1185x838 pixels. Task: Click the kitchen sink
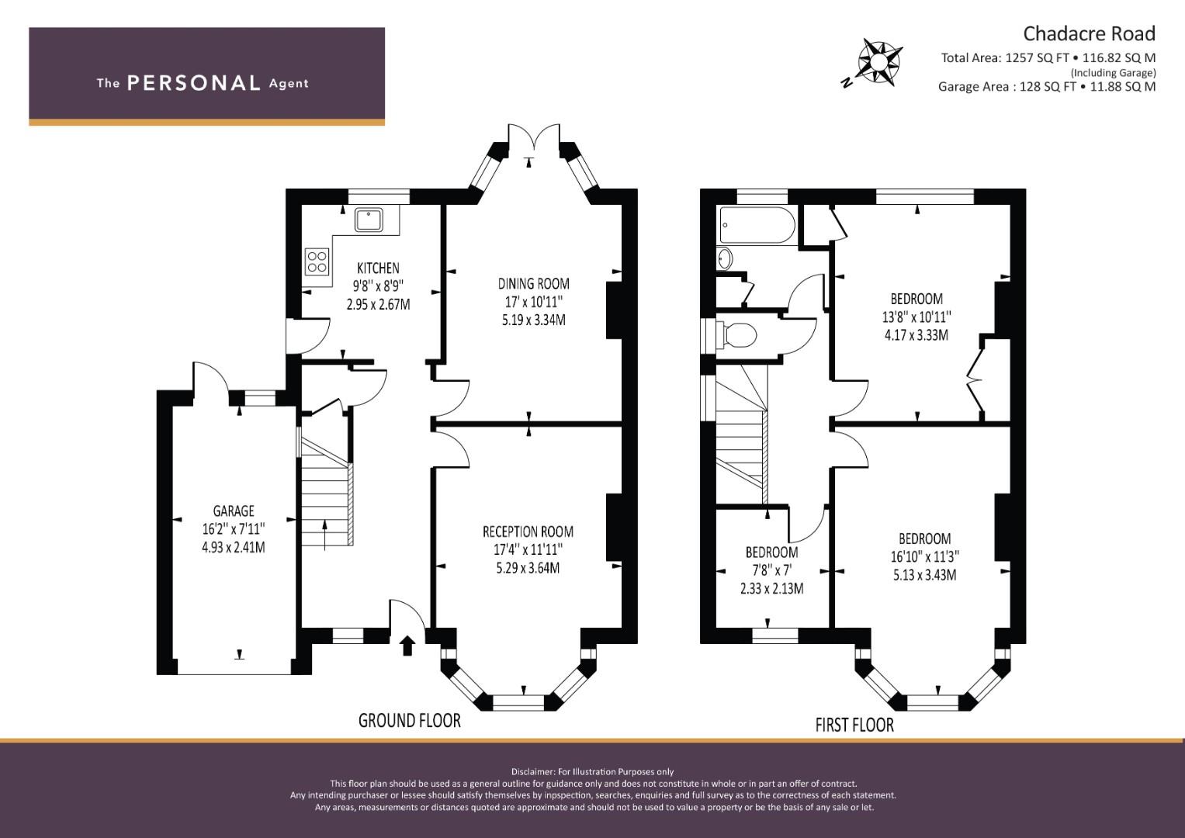point(369,220)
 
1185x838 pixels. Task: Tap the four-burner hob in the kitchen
point(317,262)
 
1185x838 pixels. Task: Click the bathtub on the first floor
point(757,225)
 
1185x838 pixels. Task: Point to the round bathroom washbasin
point(726,259)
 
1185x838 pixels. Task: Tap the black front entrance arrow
point(407,646)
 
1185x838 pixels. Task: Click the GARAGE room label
point(234,511)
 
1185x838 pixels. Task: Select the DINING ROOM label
point(534,283)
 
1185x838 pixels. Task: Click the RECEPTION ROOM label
point(528,532)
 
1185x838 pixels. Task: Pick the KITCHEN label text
point(378,268)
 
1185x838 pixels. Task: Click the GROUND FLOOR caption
point(410,721)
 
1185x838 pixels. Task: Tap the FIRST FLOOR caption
point(854,725)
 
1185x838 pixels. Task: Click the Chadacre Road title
point(1090,34)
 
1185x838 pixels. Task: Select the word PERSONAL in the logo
point(194,83)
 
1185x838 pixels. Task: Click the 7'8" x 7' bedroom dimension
point(772,570)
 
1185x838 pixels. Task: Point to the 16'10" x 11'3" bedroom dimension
point(925,556)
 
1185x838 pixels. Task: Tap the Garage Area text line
point(1047,87)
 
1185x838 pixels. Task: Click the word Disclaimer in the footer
point(533,772)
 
